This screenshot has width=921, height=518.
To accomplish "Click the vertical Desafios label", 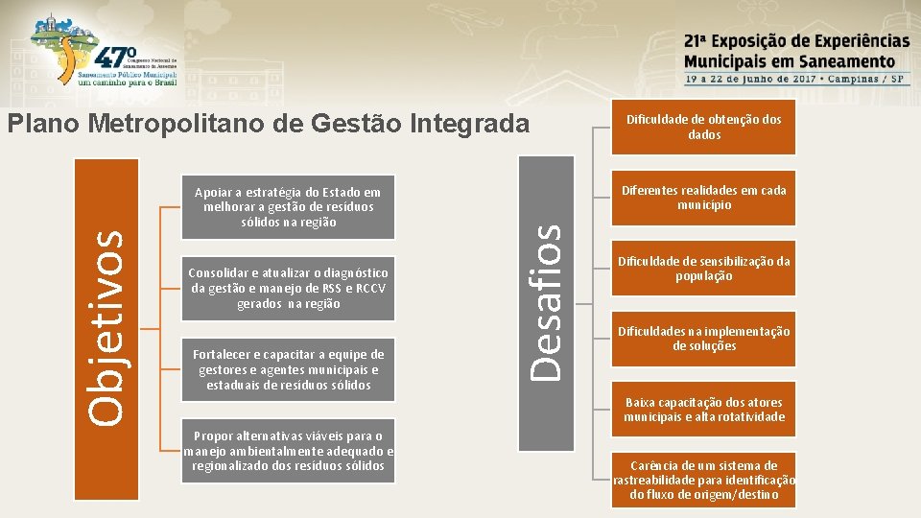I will point(546,300).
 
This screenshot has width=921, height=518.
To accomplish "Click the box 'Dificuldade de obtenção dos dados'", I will point(703,128).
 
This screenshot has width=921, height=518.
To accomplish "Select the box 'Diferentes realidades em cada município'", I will point(703,198).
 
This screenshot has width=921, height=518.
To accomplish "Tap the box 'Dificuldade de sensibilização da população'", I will point(703,269).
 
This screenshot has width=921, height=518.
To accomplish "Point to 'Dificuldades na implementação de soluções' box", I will point(703,339).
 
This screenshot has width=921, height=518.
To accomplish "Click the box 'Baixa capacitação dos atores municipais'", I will point(703,410).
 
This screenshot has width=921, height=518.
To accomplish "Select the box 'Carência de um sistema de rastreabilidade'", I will point(703,480).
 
